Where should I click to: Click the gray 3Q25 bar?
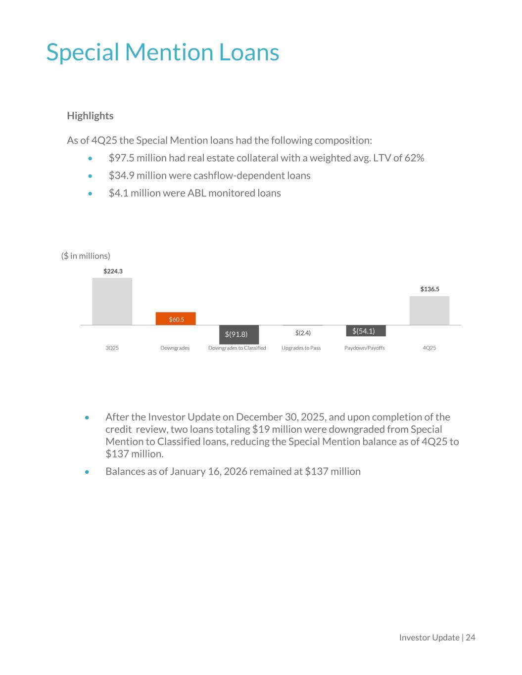(112, 301)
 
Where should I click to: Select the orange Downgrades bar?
(176, 318)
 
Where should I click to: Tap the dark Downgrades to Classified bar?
(239, 334)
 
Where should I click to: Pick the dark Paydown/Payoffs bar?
(366, 331)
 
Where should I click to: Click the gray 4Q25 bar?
(429, 311)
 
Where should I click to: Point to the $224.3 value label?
(113, 271)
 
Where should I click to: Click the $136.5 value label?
(429, 289)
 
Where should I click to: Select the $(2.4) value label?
(303, 333)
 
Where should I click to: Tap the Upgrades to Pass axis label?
(301, 348)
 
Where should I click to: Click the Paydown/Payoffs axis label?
(364, 348)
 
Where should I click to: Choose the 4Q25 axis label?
(429, 348)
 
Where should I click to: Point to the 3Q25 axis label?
(112, 348)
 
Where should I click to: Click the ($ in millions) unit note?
(86, 256)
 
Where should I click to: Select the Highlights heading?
(90, 116)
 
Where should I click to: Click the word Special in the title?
(83, 52)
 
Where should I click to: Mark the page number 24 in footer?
(470, 637)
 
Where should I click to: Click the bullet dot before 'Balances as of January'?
(87, 472)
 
